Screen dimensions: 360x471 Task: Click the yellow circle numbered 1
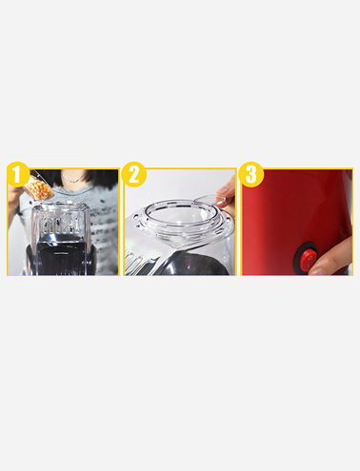(18, 174)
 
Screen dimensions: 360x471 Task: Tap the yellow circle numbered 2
(133, 174)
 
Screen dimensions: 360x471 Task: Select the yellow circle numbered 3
(251, 174)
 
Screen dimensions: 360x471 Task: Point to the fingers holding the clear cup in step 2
(227, 194)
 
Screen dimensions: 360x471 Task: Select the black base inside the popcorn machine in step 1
(61, 255)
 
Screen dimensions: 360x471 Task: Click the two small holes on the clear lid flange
(137, 221)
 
